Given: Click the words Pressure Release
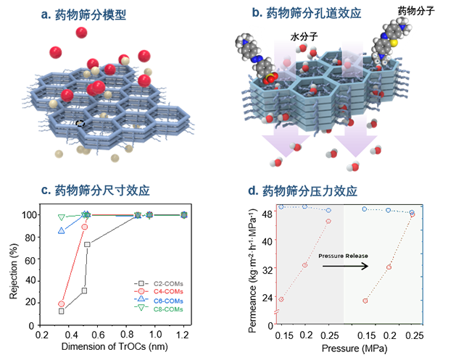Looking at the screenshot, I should [x=345, y=256].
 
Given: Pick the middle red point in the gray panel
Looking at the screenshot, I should [x=304, y=265].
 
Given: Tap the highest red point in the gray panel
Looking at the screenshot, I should [x=329, y=221].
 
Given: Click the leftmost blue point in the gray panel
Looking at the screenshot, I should [x=281, y=206].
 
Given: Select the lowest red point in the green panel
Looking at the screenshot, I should [x=365, y=300].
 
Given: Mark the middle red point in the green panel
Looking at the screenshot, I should [x=389, y=267].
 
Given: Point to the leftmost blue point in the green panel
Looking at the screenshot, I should [x=365, y=209].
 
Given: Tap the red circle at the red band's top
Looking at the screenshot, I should [x=86, y=227].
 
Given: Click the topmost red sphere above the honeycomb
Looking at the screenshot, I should [x=81, y=30].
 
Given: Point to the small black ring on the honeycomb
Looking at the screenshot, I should [x=80, y=124].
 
